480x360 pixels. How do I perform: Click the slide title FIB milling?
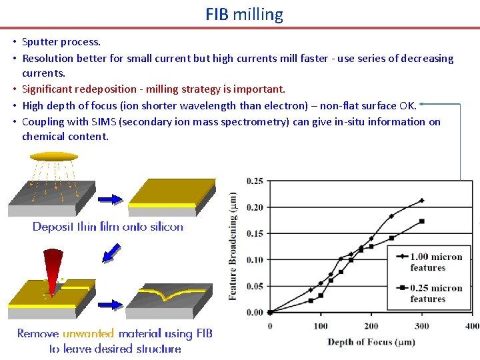pos(244,14)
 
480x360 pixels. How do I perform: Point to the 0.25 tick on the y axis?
pos(254,181)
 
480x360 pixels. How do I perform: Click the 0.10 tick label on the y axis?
pos(254,260)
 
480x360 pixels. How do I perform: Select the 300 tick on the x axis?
pos(421,326)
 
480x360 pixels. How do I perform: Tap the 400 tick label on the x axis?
pos(471,326)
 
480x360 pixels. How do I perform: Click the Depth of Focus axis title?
pos(371,342)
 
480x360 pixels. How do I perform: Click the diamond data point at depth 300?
pos(421,200)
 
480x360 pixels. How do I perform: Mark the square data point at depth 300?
pos(421,221)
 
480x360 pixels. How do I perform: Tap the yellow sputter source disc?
pos(54,157)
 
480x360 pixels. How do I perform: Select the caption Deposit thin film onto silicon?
pos(108,227)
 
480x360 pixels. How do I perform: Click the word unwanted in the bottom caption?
pos(88,333)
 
